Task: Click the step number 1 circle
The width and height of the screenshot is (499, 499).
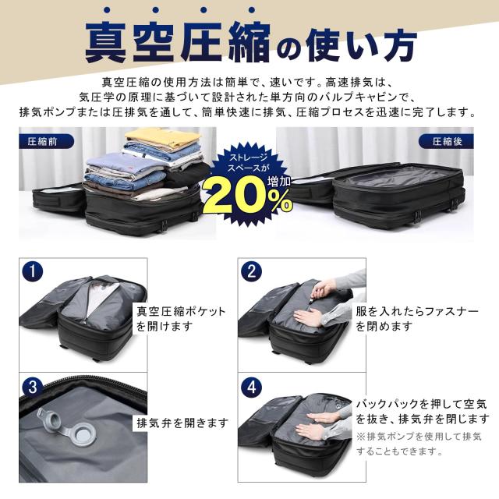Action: click(x=33, y=272)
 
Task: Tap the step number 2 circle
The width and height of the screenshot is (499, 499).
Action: click(x=252, y=272)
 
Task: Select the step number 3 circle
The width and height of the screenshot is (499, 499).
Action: click(x=33, y=387)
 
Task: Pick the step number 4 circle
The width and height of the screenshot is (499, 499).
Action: click(x=252, y=387)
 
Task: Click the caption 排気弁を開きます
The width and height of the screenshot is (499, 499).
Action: click(x=182, y=423)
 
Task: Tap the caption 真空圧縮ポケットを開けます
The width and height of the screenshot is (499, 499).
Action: click(x=181, y=319)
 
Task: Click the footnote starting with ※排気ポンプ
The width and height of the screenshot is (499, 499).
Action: click(x=419, y=443)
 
